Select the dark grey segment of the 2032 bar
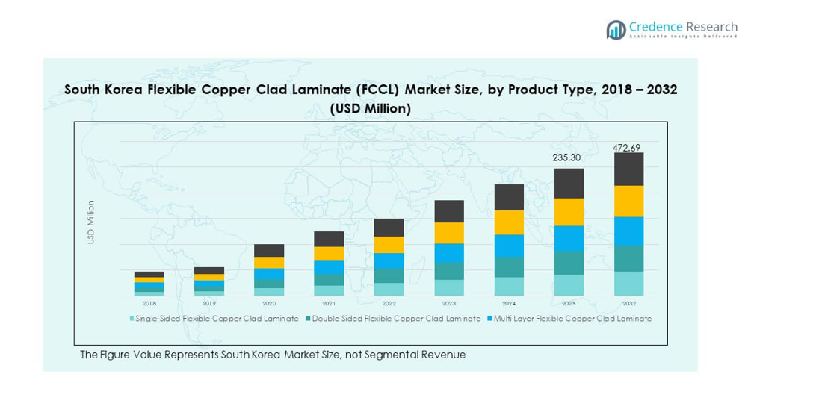coord(628,169)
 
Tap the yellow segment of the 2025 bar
coord(569,212)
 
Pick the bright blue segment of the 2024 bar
coord(509,246)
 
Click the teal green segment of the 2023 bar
coord(449,271)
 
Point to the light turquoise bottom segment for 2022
coord(389,289)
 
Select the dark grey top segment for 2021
coord(329,239)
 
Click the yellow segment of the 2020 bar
coord(269,262)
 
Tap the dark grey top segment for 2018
coord(149,274)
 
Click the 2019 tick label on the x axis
coord(209,304)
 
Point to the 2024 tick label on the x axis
coord(509,304)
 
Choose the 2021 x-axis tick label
coord(329,304)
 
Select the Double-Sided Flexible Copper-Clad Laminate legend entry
coord(396,319)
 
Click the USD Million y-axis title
coord(91,222)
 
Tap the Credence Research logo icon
coord(616,30)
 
